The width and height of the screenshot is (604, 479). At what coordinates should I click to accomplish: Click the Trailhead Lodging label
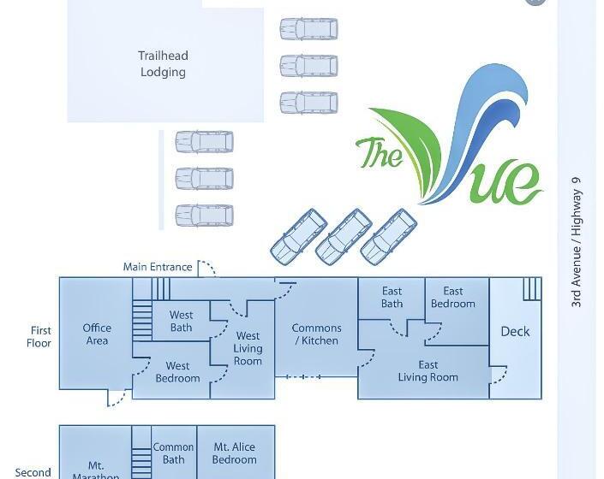[x=163, y=64]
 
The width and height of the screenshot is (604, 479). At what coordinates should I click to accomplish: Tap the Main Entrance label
[x=158, y=267]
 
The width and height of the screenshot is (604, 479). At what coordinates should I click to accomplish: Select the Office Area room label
[x=97, y=334]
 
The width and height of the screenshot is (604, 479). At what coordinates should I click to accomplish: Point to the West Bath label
[x=181, y=321]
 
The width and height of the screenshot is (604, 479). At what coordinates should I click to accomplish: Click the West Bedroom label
[x=177, y=372]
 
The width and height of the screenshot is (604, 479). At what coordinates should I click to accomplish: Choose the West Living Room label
[x=248, y=348]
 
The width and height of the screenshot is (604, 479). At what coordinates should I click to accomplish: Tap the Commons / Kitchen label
[x=316, y=334]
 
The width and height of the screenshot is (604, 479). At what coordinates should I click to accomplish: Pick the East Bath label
[x=392, y=298]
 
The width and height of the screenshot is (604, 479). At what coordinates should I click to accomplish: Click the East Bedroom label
[x=452, y=298]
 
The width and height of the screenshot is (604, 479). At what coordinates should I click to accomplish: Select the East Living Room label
[x=428, y=371]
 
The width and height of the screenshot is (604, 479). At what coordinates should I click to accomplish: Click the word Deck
[x=515, y=331]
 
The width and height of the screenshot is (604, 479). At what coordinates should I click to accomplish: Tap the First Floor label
[x=40, y=336]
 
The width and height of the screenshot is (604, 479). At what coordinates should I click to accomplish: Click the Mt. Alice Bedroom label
[x=234, y=452]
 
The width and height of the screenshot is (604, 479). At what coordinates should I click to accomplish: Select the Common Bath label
[x=173, y=452]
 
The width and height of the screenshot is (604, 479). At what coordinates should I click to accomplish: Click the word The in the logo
[x=378, y=154]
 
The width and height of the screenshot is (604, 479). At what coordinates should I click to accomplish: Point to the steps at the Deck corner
[x=531, y=288]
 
